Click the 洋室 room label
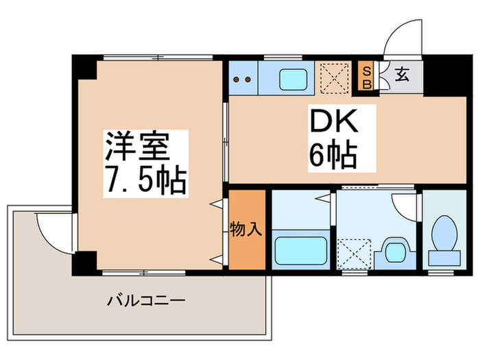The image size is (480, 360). tap(145, 145)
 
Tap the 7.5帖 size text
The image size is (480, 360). tap(145, 180)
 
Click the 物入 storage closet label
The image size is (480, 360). tap(246, 229)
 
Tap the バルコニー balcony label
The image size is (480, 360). tap(146, 300)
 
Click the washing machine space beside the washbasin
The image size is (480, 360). tap(356, 252)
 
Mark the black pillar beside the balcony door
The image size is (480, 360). tap(85, 262)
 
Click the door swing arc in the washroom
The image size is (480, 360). tap(405, 204)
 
